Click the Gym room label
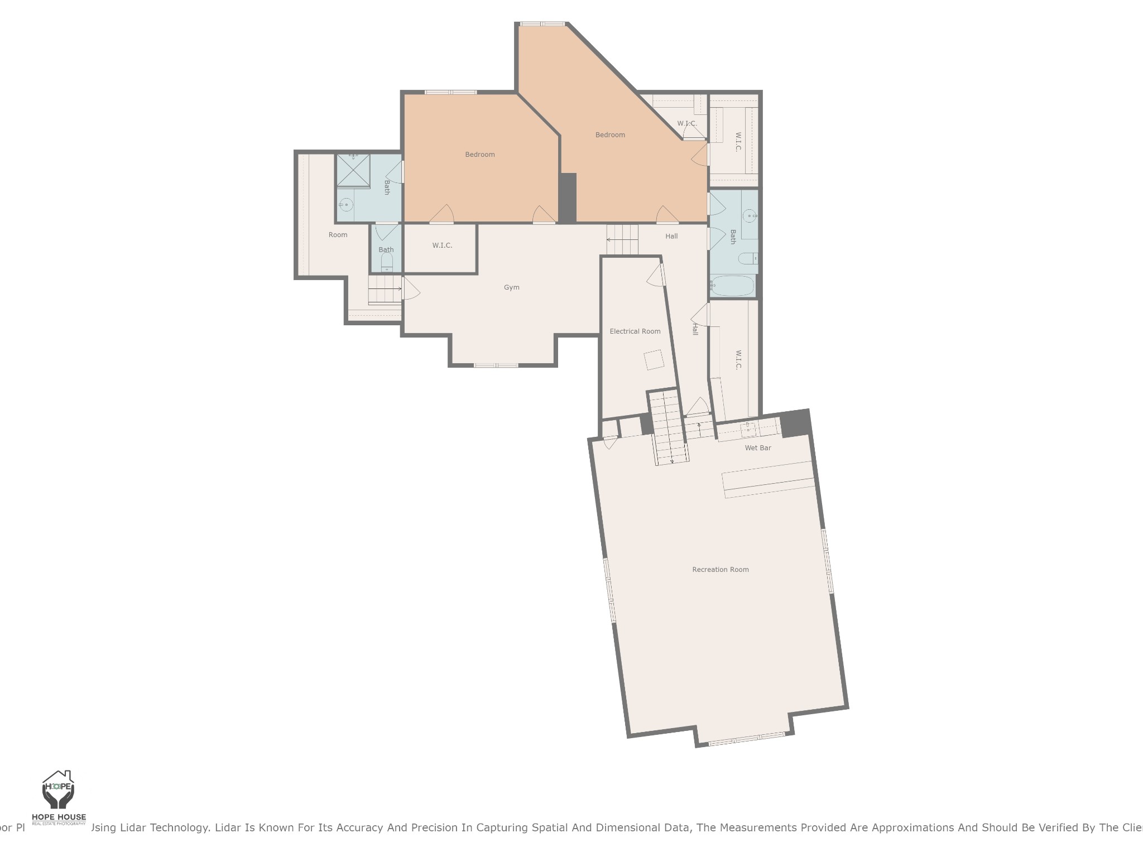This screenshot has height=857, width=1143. [x=511, y=287]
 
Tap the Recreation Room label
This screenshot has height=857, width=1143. [x=720, y=570]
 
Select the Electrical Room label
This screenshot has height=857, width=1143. [x=635, y=331]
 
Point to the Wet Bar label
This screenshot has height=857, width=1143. [x=757, y=448]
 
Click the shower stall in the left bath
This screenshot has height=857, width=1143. [x=353, y=171]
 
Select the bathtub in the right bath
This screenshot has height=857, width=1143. [x=732, y=286]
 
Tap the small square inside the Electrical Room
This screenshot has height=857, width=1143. [x=654, y=360]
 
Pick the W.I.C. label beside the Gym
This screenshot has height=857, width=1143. [x=442, y=245]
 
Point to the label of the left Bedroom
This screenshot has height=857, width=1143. [x=480, y=155]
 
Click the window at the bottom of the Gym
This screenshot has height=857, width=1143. [x=496, y=365]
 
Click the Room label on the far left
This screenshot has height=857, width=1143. [x=338, y=235]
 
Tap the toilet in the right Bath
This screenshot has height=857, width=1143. [x=747, y=258]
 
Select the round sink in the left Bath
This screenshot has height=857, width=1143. [x=345, y=205]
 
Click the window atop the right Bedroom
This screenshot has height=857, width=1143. [x=542, y=24]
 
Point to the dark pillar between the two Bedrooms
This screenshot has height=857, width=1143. [x=568, y=198]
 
